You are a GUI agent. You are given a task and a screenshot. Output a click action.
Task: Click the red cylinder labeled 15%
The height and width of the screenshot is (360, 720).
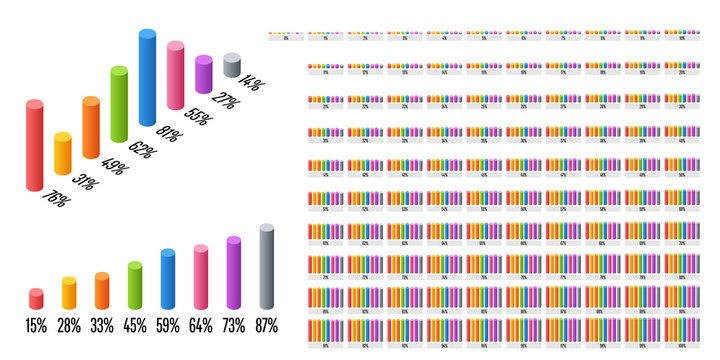pos(36,298)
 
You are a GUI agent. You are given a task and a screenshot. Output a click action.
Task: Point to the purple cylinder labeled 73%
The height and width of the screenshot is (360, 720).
pos(234,272)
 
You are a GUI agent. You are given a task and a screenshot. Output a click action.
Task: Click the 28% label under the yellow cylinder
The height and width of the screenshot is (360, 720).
pos(69,325)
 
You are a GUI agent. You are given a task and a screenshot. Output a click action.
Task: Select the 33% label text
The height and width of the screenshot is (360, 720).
pos(102,325)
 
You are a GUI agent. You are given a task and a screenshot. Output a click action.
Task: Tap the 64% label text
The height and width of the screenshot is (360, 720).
pos(200,325)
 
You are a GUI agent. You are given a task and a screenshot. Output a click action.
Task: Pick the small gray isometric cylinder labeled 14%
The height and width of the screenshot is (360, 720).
pos(232,66)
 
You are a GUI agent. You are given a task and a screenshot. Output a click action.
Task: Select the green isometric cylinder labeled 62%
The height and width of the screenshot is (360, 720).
pos(119,101)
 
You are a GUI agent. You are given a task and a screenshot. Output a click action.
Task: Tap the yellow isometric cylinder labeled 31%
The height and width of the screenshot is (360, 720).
pos(63,153)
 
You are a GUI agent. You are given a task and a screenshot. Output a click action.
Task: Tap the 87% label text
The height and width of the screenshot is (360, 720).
pos(267,325)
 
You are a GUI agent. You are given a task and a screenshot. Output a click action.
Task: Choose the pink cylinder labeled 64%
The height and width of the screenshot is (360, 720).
pos(201,277)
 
